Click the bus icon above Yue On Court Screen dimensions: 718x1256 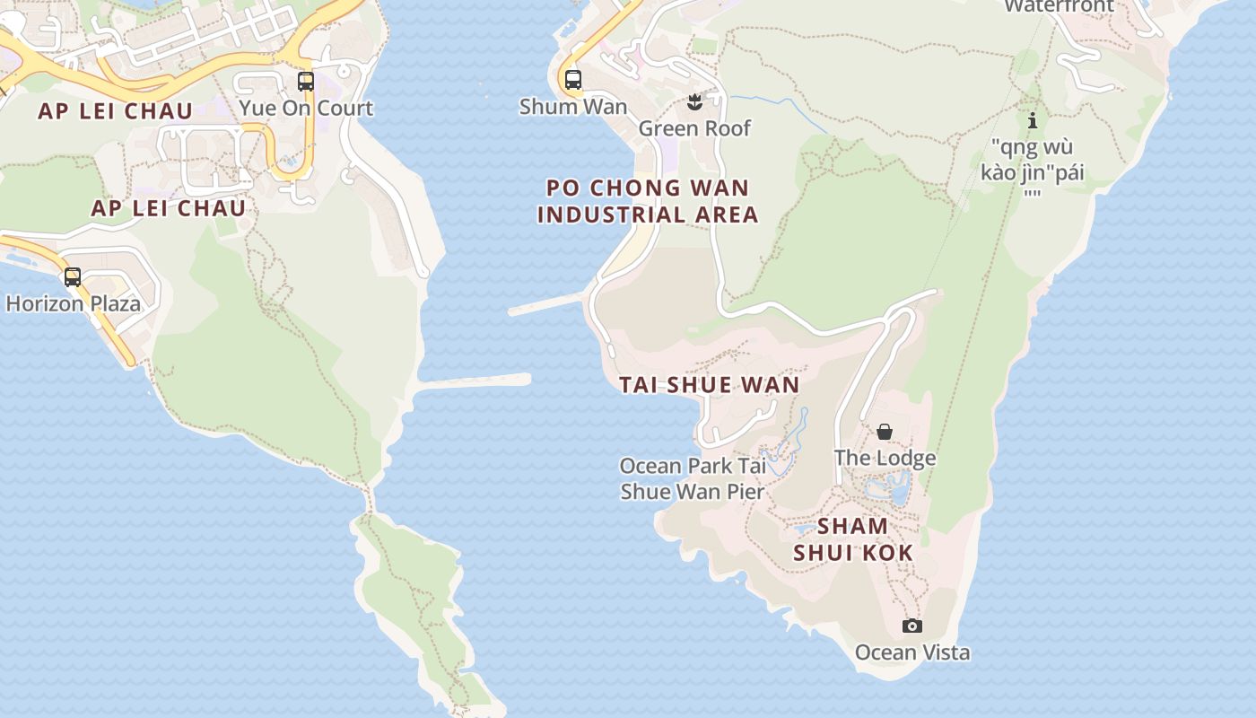[306, 82]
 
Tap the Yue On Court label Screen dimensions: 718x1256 [306, 109]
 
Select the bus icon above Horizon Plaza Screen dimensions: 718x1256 [73, 277]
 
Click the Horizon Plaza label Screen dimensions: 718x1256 [74, 303]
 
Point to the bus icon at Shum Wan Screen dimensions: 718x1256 [573, 80]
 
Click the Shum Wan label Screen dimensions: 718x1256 [573, 106]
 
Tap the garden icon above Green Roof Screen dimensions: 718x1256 [693, 101]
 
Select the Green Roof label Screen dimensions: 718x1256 [694, 128]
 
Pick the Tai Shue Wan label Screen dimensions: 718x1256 [709, 385]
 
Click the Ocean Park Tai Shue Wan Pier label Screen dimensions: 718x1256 [693, 478]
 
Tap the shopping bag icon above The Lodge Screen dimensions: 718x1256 [885, 433]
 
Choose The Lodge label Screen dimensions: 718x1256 [885, 458]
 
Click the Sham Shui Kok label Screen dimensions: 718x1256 [852, 538]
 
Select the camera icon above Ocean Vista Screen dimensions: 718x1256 [912, 626]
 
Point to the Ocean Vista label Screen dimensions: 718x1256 [912, 652]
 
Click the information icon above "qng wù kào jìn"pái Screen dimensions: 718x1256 [1033, 120]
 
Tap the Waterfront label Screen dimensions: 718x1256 [1059, 6]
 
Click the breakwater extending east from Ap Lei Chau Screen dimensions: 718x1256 [475, 381]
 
